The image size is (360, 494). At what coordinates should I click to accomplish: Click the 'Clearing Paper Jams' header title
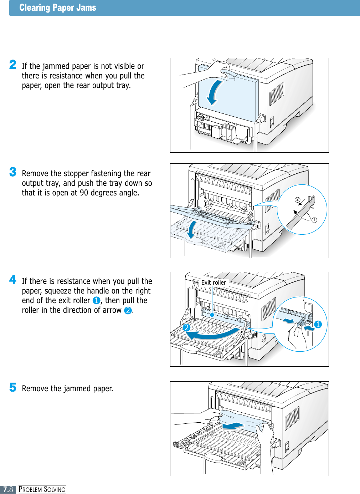pos(58,8)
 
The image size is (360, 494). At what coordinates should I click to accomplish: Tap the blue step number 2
pos(13,65)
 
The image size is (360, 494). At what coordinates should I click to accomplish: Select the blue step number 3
pos(13,172)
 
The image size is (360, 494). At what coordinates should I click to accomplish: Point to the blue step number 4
pos(13,280)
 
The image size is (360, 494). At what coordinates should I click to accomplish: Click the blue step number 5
pos(13,387)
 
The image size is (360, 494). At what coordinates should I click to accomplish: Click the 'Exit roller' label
pos(214,282)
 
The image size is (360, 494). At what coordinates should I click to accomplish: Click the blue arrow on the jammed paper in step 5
pos(233,426)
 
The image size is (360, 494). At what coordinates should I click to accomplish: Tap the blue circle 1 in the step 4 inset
pos(318,325)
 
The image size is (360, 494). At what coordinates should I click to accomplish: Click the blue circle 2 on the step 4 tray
pos(186,327)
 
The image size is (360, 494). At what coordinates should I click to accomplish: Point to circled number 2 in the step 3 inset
pos(297,200)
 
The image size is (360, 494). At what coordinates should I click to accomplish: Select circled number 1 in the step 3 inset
pos(314,220)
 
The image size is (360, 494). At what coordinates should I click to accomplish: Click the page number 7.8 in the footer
pos(8,489)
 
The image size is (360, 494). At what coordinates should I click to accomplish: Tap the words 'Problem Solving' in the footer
pos(42,489)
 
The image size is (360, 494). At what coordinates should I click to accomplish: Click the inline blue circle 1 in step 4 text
pos(96,301)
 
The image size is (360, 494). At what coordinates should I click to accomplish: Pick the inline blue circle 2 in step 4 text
pos(128,310)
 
